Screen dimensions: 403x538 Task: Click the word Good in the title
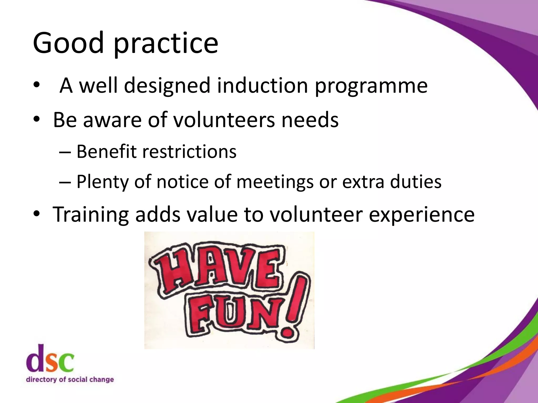pos(68,43)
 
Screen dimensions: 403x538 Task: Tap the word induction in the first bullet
pos(262,85)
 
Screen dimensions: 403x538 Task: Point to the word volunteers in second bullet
pos(224,120)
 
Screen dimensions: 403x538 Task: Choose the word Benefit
pos(106,152)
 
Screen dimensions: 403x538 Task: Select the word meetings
pos(275,182)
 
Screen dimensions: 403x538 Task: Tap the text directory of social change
pos(70,379)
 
